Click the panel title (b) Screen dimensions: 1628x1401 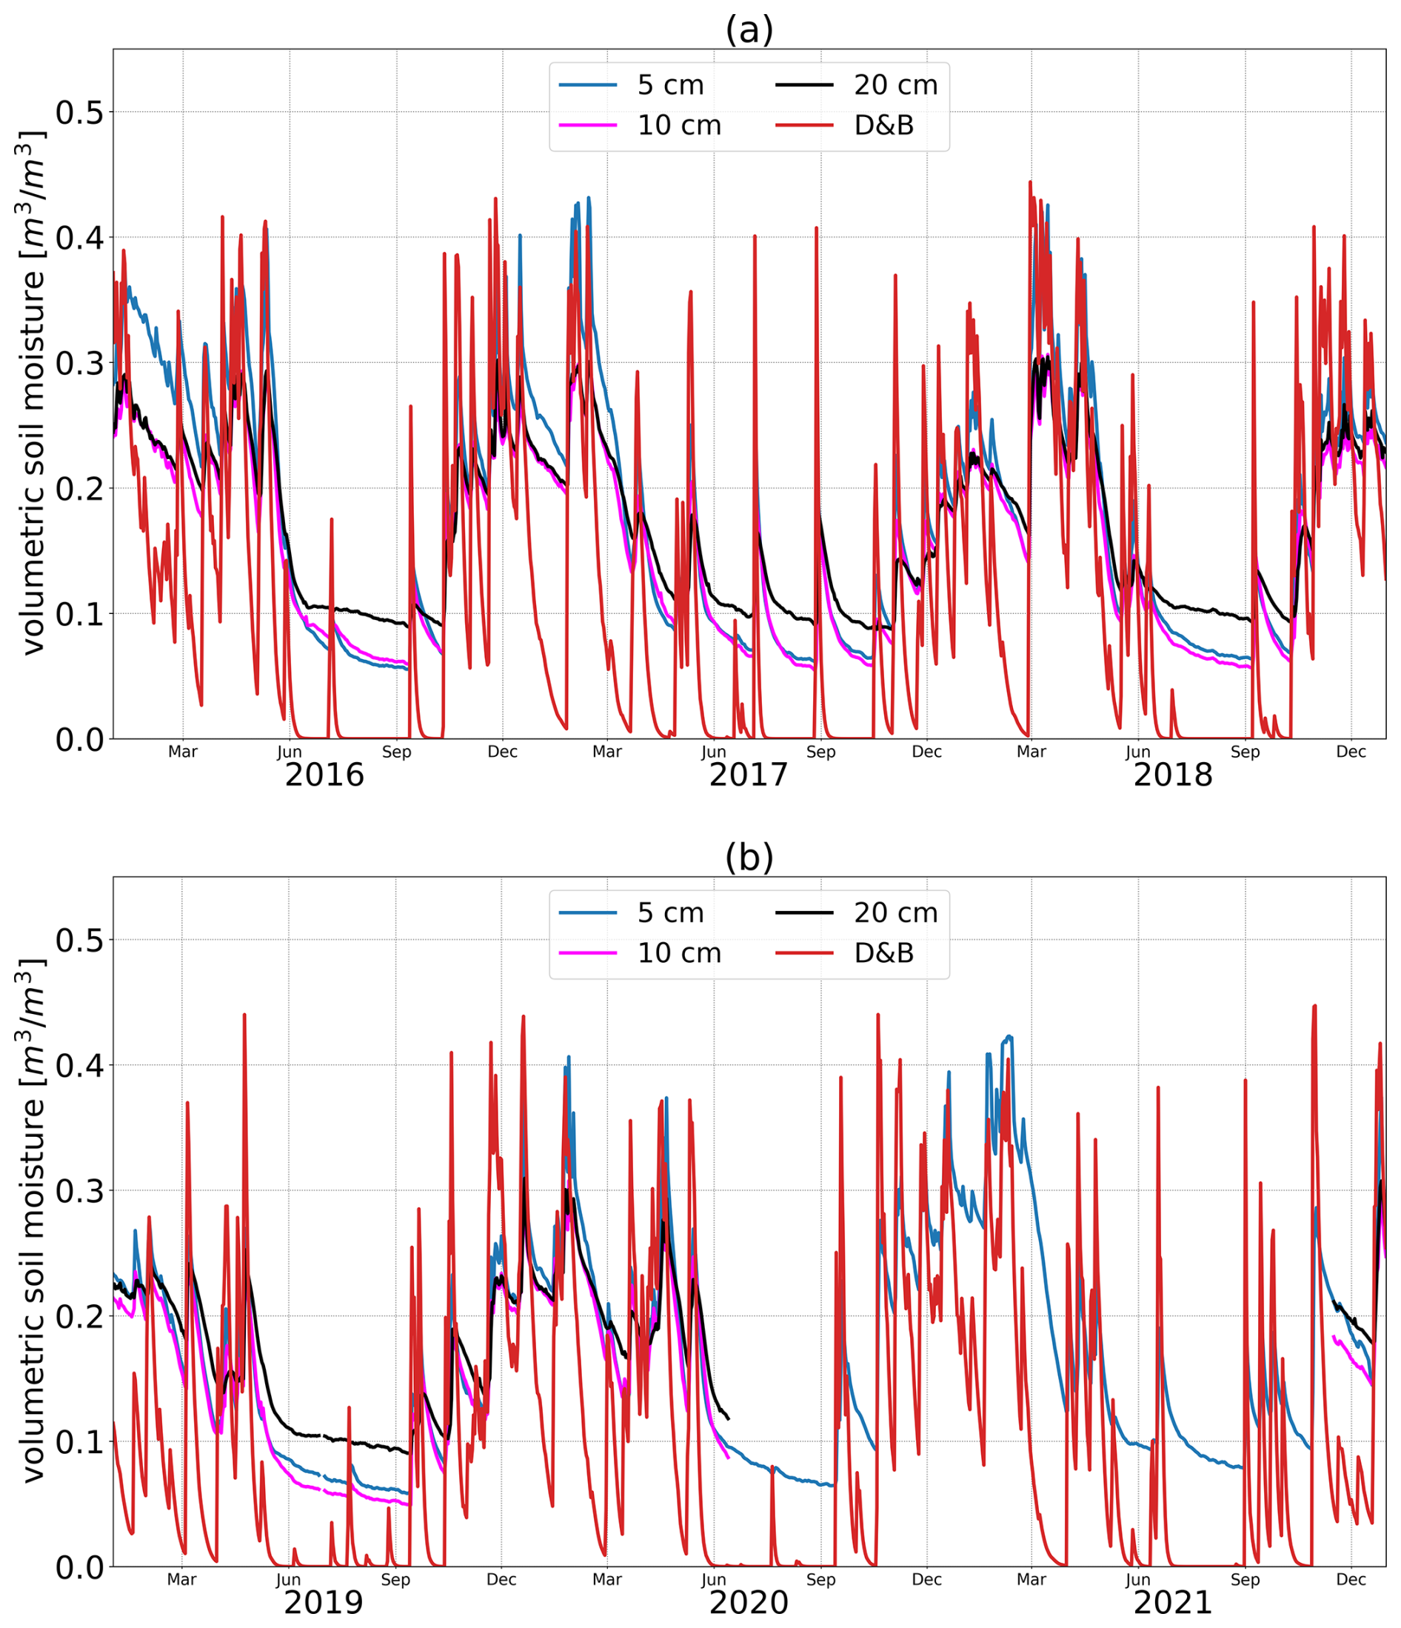pos(749,857)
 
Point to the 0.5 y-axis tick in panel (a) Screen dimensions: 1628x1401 pos(79,113)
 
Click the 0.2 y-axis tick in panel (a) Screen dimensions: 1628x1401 pos(79,489)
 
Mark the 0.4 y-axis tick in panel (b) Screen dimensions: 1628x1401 pos(79,1065)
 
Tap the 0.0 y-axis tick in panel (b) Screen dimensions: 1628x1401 pos(79,1567)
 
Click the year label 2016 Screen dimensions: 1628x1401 pos(324,775)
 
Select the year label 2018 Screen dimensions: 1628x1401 pos(1172,775)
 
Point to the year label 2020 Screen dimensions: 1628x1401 pos(749,1603)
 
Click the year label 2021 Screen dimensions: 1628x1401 pos(1172,1603)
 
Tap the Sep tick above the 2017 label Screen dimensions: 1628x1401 pos(820,752)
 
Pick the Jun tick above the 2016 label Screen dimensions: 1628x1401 pos(289,752)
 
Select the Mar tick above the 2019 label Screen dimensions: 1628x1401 pos(182,1579)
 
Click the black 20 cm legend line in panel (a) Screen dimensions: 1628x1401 pos(804,85)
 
